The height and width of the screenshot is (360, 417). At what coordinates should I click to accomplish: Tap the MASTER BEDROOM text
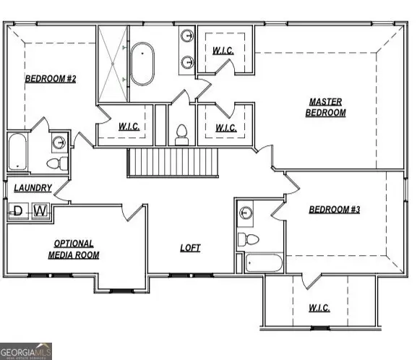point(325,107)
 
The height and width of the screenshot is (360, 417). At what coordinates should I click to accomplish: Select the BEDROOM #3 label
point(334,210)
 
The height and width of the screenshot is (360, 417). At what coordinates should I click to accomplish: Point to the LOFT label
point(190,248)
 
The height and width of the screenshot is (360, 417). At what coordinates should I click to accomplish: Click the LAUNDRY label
point(33,188)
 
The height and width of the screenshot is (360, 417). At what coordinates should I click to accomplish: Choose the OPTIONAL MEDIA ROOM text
point(74,249)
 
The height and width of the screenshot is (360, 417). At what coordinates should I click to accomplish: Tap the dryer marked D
point(18,211)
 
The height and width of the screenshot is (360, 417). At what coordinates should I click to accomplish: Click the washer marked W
point(40,211)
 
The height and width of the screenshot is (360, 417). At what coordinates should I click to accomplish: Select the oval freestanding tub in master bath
point(143,63)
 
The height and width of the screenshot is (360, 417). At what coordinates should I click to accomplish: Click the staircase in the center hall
point(173,161)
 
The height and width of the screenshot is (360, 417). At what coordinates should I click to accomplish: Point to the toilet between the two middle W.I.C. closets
point(181,134)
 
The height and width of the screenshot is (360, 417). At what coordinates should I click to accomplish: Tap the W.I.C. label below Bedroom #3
point(319,308)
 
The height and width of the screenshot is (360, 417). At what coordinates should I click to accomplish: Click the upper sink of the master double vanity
point(187,35)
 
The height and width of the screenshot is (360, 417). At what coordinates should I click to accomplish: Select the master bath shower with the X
point(113,63)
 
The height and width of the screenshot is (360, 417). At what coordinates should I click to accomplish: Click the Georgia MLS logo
point(27,351)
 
